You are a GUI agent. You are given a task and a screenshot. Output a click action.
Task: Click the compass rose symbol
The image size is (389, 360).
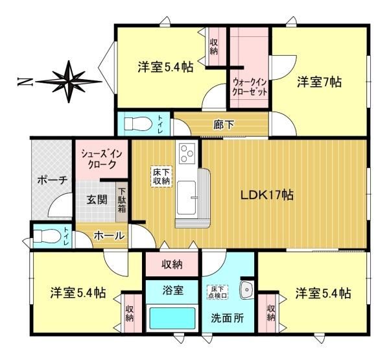click(69, 82)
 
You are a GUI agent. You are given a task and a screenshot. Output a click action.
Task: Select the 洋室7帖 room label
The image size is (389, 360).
click(319, 82)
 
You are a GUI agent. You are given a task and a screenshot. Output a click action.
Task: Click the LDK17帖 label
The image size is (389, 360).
click(267, 195)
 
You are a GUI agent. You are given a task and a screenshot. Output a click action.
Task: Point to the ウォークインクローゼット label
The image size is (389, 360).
click(250, 88)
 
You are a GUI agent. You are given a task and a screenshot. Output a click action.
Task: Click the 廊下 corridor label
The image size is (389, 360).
click(224, 125)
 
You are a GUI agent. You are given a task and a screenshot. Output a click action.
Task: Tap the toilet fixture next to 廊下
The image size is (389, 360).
click(138, 124)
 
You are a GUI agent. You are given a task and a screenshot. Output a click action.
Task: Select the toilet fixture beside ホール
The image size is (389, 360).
click(47, 235)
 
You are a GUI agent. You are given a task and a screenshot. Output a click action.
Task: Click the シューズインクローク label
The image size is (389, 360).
click(102, 160)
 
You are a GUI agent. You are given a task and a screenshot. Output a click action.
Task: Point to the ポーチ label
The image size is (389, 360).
click(53, 181)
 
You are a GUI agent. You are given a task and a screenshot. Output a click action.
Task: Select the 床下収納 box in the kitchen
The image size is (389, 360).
click(161, 176)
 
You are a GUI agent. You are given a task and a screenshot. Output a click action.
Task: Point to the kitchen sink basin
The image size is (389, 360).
click(187, 198)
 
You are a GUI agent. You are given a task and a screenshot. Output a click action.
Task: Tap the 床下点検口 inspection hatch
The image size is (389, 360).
click(218, 292)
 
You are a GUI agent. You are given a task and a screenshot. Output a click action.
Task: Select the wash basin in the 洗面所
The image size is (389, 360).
click(246, 289)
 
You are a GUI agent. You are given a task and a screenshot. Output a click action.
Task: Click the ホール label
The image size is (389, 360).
click(109, 235)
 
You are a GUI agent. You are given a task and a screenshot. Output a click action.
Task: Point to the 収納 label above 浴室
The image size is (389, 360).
click(172, 265)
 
